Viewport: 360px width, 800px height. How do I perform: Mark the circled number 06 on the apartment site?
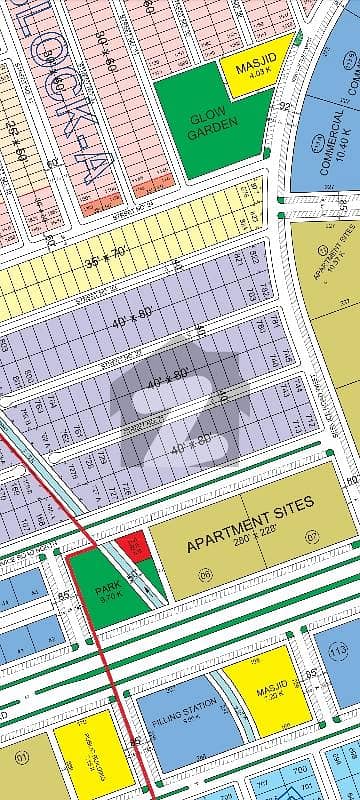tap(206, 577)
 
